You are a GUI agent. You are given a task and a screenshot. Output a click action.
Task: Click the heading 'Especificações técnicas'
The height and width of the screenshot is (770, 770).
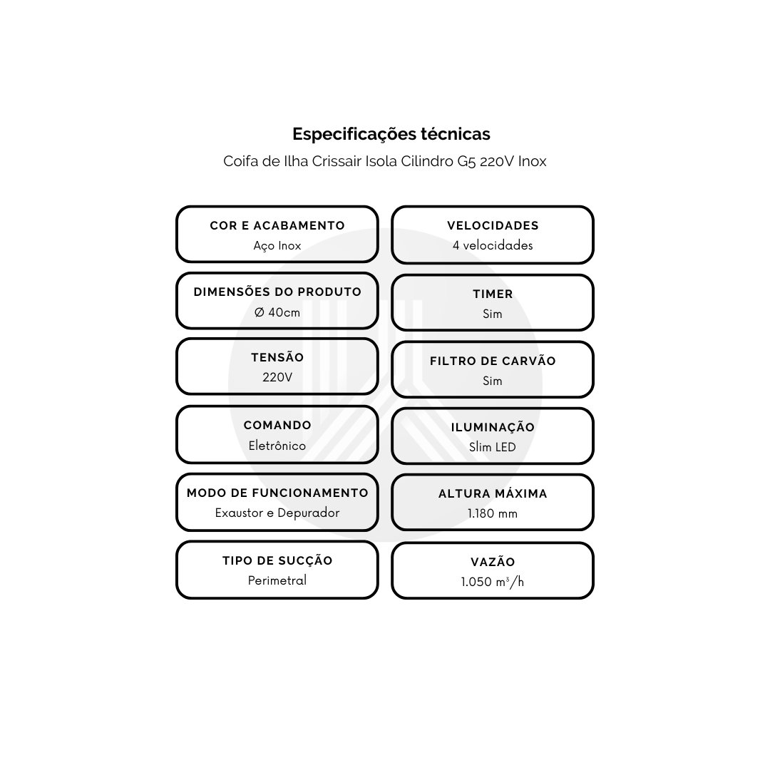click(x=391, y=134)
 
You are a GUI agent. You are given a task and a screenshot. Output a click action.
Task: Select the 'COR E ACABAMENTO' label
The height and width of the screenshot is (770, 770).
click(x=277, y=225)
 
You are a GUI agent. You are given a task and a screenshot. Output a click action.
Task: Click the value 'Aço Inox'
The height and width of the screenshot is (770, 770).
click(x=277, y=245)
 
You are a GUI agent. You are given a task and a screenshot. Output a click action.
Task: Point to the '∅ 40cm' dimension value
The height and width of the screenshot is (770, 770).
click(x=277, y=312)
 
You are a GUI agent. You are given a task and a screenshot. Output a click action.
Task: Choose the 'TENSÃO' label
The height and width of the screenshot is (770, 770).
click(x=277, y=357)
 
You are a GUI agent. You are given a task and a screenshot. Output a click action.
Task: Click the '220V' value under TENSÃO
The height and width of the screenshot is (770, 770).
click(x=277, y=377)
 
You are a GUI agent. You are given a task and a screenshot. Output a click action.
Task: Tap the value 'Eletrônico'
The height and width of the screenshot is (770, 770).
click(x=277, y=446)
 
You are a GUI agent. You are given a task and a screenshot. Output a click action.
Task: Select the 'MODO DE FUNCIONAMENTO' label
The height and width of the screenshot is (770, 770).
click(x=277, y=493)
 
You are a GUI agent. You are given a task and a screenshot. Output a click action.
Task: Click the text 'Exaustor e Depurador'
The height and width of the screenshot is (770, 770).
click(x=277, y=513)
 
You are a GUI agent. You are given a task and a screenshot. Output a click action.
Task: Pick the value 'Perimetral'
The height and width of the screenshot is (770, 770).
click(x=277, y=580)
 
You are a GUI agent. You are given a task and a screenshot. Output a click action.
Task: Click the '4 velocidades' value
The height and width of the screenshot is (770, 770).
click(x=493, y=245)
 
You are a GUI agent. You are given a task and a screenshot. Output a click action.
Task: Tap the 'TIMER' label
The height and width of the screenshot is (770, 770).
click(x=493, y=294)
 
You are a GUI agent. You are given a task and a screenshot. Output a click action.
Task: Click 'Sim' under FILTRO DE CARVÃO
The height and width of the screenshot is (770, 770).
click(x=493, y=381)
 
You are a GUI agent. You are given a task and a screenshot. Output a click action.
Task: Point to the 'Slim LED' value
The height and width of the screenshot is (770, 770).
click(x=493, y=447)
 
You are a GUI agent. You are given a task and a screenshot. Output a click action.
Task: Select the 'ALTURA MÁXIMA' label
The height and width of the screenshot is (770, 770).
click(x=493, y=493)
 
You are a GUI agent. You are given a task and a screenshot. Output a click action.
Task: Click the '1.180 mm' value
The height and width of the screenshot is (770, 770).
click(x=493, y=513)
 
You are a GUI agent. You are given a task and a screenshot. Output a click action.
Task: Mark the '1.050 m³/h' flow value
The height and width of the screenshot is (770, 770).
click(x=493, y=582)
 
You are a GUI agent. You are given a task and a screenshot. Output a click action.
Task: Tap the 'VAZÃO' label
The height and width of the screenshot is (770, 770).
click(x=493, y=562)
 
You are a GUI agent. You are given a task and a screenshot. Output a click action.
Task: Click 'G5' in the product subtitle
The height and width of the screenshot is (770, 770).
click(x=466, y=162)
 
